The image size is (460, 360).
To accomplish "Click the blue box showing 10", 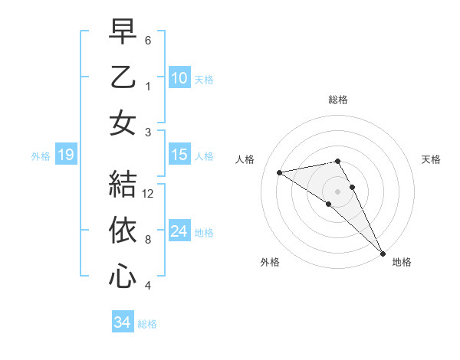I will pos(179,77).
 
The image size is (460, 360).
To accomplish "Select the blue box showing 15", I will pos(179,155).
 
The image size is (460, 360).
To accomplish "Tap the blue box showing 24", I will pos(179,231).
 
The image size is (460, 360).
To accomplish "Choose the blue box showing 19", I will pos(66,155).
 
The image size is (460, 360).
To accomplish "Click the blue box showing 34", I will pos(123,322).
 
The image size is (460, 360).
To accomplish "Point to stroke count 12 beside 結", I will pos(149,194).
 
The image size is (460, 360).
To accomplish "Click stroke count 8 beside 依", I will pos(148,240).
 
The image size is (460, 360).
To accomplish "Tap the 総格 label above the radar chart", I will pos(338,100).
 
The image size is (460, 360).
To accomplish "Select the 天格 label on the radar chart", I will pos(432,159).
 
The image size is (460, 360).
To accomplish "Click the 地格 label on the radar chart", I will pos(402,262).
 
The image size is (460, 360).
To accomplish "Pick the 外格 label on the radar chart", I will pos(270,262).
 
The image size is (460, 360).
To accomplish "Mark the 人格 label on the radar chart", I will pos(245,159).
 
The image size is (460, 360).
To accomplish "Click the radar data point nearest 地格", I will pos(382,252).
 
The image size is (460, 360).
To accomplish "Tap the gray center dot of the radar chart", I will pos(338,191).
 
